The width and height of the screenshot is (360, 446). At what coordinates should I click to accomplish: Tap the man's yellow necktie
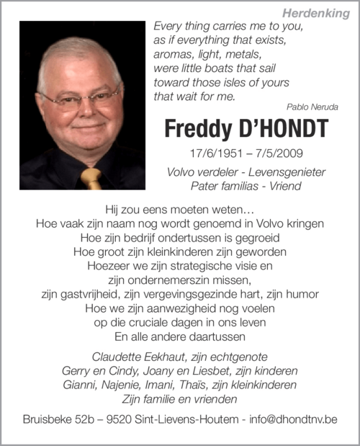[x=91, y=177]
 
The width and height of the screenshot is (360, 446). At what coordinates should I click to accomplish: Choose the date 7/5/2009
[x=274, y=153]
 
